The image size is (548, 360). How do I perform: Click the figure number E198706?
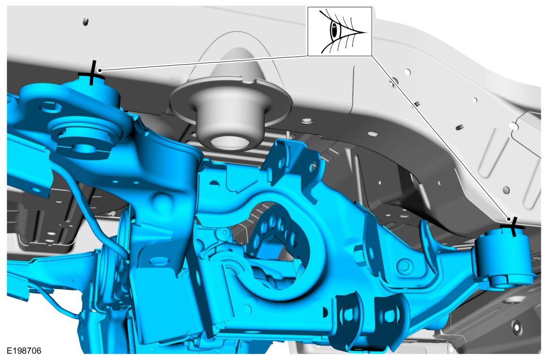click(x=24, y=351)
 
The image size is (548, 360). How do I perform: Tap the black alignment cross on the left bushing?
click(x=92, y=73)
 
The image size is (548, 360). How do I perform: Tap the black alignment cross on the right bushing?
click(x=513, y=226)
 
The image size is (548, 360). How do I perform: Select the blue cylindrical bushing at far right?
click(x=504, y=258)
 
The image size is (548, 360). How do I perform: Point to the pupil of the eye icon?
click(x=334, y=31)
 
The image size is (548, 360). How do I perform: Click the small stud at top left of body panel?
click(x=85, y=22)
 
